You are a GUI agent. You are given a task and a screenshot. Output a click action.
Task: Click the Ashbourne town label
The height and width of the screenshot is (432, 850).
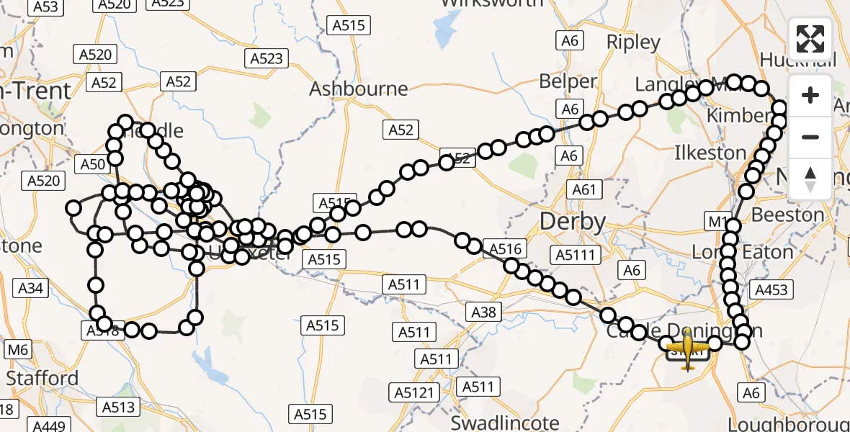[358, 89]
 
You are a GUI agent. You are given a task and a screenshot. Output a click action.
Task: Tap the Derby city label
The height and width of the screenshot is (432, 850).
[573, 222]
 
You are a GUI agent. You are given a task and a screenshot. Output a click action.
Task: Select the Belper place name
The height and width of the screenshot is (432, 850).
[568, 81]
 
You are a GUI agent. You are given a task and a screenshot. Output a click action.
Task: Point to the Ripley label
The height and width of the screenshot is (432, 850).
[634, 42]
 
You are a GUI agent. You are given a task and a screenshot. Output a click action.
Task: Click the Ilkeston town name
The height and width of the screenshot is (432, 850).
[710, 153]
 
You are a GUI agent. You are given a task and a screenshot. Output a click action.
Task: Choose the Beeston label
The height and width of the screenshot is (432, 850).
[787, 215]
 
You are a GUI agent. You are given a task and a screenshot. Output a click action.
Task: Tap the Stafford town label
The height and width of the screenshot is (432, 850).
[42, 378]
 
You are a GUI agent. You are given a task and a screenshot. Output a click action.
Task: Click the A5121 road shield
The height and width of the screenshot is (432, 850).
[416, 392]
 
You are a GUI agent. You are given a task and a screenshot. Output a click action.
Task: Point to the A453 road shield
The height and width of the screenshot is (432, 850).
[771, 289]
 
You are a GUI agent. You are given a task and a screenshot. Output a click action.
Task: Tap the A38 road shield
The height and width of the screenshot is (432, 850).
[484, 312]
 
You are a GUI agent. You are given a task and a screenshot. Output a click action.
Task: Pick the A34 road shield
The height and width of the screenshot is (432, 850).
[31, 289]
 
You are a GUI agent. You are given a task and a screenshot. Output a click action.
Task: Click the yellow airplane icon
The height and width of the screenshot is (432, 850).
[688, 348]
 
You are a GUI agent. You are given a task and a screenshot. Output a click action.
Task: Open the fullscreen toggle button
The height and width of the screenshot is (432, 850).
[810, 39]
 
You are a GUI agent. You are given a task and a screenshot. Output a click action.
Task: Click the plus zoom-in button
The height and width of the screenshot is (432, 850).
[810, 95]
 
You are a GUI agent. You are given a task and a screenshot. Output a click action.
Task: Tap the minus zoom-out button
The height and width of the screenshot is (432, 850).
[810, 137]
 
